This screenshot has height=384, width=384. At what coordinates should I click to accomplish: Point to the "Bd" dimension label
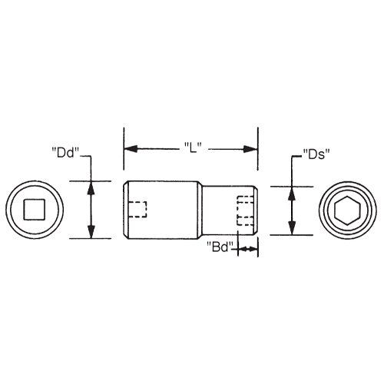[220, 248]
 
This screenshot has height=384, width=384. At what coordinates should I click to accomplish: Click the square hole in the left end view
[33, 210]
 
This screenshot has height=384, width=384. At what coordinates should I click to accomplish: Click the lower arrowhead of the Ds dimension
[292, 227]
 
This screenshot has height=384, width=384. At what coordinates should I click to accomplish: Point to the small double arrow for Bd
[247, 249]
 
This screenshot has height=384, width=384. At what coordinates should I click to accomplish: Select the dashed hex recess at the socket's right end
[245, 210]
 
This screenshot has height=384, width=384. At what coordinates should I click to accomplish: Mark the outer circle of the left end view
[33, 184]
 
